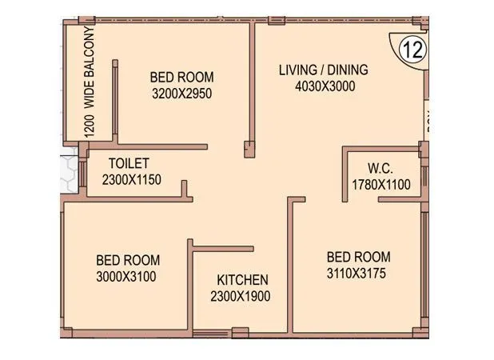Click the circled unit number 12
pyautogui.click(x=412, y=50)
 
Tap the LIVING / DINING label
pyautogui.click(x=323, y=70)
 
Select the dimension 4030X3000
pyautogui.click(x=323, y=87)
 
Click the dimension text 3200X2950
pyautogui.click(x=181, y=94)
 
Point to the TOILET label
pyautogui.click(x=129, y=163)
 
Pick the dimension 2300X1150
pyautogui.click(x=132, y=179)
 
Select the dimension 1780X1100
pyautogui.click(x=380, y=185)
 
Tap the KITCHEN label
pyautogui.click(x=243, y=280)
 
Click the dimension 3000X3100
pyautogui.click(x=127, y=277)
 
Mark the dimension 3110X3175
pyautogui.click(x=358, y=274)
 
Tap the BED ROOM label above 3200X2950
pyautogui.click(x=181, y=77)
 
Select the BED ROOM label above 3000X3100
pyautogui.click(x=127, y=260)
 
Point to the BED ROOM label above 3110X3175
pyautogui.click(x=358, y=257)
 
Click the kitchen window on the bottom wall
pyautogui.click(x=209, y=331)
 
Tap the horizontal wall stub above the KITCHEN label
pyautogui.click(x=223, y=249)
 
